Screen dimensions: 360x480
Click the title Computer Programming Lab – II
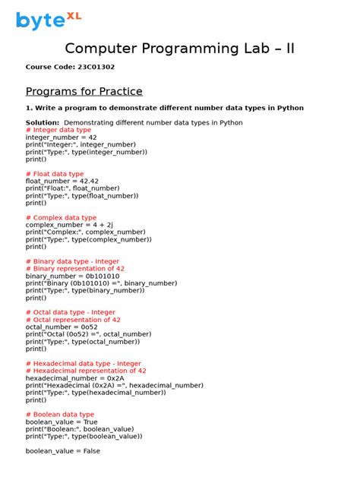click(x=180, y=49)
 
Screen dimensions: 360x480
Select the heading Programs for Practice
click(x=84, y=91)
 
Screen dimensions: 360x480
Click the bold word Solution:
click(x=43, y=122)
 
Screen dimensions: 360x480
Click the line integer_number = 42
click(x=61, y=137)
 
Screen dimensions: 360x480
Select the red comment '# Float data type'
click(x=55, y=174)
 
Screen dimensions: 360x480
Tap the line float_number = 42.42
click(x=62, y=182)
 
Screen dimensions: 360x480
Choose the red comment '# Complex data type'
click(x=61, y=217)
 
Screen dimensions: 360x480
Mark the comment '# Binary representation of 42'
click(x=75, y=268)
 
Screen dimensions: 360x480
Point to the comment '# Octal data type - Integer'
click(x=71, y=312)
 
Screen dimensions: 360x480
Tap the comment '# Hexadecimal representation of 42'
click(x=86, y=371)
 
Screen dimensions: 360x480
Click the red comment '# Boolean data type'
click(x=60, y=415)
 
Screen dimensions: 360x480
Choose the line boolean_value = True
click(x=62, y=422)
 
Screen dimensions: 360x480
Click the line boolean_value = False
click(x=62, y=451)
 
